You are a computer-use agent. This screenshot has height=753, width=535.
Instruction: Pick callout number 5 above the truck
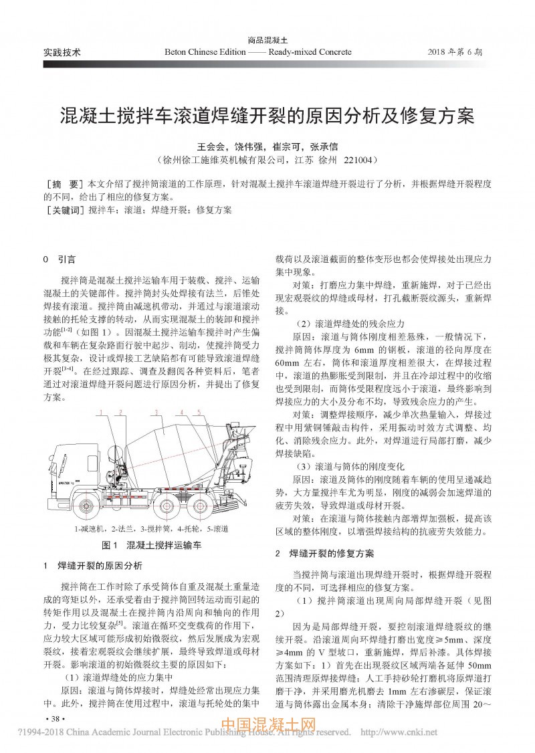point(199,412)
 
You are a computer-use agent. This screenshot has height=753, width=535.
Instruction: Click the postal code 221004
point(361,160)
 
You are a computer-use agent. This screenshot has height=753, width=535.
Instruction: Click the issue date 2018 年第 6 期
point(459,51)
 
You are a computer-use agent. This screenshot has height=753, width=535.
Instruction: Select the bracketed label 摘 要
point(62,183)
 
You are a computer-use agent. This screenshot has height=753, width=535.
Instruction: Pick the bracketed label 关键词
point(64,210)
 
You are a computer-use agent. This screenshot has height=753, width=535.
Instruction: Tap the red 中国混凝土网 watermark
point(267,726)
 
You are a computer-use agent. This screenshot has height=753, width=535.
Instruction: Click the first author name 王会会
point(209,146)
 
